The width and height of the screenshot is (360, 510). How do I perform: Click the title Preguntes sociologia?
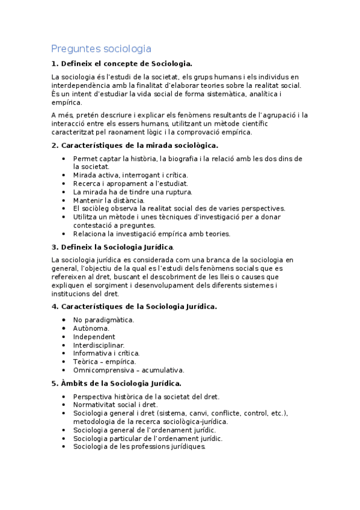[x=101, y=49]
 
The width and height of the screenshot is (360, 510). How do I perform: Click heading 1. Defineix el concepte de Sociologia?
[x=122, y=64]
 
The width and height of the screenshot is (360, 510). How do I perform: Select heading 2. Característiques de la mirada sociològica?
[x=135, y=145]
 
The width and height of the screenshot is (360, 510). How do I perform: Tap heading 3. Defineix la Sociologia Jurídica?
[x=113, y=247]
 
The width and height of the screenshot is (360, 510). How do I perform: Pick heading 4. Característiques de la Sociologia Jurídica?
[x=134, y=306]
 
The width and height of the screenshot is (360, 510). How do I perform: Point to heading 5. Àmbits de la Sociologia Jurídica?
[x=116, y=383]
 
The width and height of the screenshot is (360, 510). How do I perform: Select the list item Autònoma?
[x=91, y=328]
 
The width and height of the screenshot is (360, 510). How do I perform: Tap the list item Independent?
[x=94, y=337]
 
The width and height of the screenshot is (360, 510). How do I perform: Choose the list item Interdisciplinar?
[x=99, y=345]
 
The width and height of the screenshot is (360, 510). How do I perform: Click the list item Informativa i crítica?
[x=106, y=354]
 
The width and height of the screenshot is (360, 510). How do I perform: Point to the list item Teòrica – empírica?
[x=105, y=362]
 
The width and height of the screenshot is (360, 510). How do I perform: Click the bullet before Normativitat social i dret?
[x=64, y=405]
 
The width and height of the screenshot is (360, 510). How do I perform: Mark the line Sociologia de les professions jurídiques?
[x=139, y=447]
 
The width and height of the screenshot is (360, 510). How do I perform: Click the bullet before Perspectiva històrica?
[x=64, y=396]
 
